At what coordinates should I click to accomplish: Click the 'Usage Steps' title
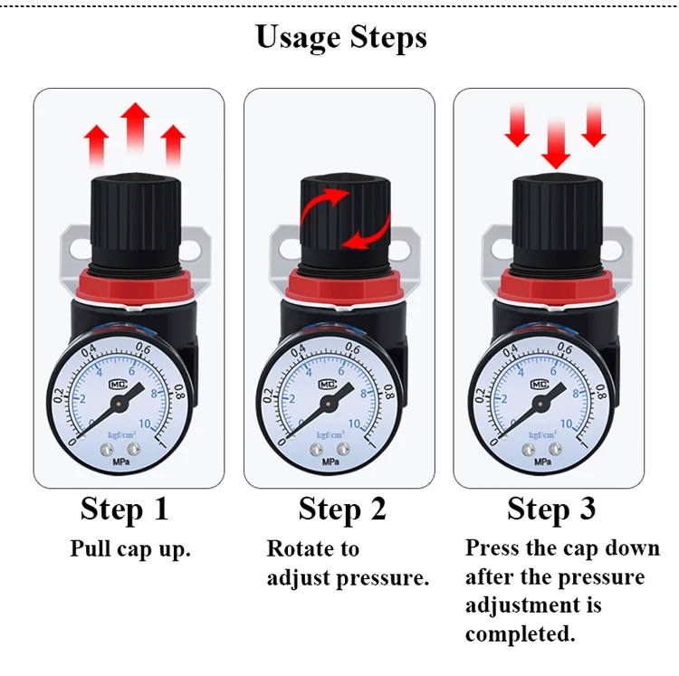[341, 38]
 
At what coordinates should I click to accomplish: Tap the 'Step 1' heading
[124, 509]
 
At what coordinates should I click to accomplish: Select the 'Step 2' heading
[342, 509]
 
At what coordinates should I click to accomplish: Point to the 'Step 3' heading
[551, 509]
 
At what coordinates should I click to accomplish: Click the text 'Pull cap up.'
[130, 549]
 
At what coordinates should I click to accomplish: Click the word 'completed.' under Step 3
[520, 634]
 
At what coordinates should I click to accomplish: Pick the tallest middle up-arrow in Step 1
[135, 128]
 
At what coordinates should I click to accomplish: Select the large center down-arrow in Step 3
[556, 143]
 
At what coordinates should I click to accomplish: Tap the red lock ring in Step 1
[135, 286]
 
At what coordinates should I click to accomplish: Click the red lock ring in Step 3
[557, 286]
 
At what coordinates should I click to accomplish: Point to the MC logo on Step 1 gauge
[118, 385]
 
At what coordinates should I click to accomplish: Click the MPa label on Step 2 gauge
[330, 462]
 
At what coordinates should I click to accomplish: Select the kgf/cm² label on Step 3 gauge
[542, 434]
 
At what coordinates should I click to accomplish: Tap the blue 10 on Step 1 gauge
[145, 424]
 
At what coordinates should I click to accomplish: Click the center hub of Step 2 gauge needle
[329, 405]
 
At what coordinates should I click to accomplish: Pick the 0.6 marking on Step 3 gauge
[565, 348]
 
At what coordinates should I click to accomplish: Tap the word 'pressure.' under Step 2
[382, 578]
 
